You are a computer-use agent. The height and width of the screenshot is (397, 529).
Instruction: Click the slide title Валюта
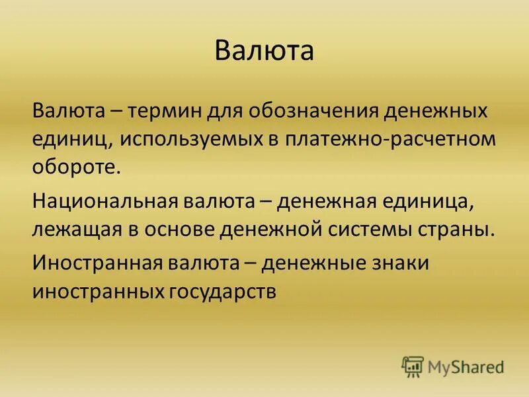(264, 51)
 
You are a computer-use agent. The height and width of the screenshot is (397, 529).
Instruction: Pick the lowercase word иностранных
(92, 292)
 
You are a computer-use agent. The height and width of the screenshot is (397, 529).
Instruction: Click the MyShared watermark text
(466, 366)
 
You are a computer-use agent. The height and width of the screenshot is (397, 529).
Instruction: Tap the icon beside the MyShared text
(413, 365)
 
